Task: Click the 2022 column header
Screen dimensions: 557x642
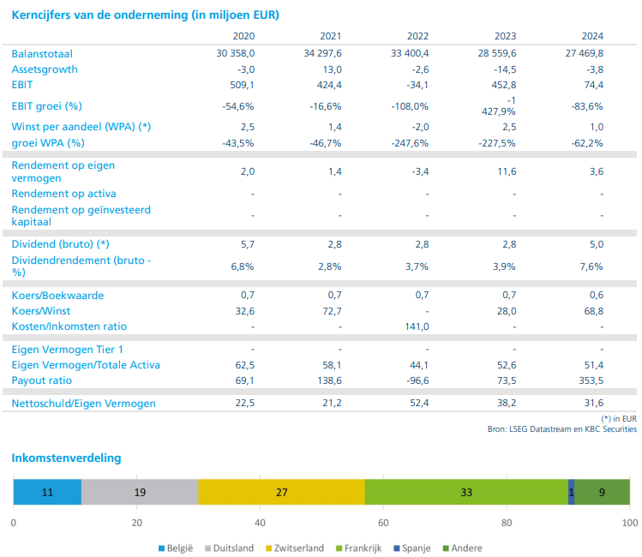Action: pos(417,36)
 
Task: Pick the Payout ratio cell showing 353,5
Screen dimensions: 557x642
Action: pos(590,380)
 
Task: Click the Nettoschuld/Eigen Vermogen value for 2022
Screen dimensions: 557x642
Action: pos(417,404)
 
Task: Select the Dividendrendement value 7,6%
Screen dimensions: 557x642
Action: pos(591,267)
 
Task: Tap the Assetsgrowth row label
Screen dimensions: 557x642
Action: pos(45,69)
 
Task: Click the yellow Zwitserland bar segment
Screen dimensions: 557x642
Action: pos(281,492)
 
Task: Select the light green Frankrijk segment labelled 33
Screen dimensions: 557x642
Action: pos(466,492)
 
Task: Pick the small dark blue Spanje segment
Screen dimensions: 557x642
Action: pos(571,492)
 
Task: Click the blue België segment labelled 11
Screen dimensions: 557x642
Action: pos(47,492)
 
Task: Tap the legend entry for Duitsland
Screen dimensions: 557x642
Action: pos(228,548)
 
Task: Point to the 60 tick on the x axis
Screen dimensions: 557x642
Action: pos(383,522)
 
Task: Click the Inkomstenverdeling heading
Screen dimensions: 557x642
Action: pos(66,458)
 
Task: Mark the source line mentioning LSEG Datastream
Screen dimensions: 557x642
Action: pos(562,429)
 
